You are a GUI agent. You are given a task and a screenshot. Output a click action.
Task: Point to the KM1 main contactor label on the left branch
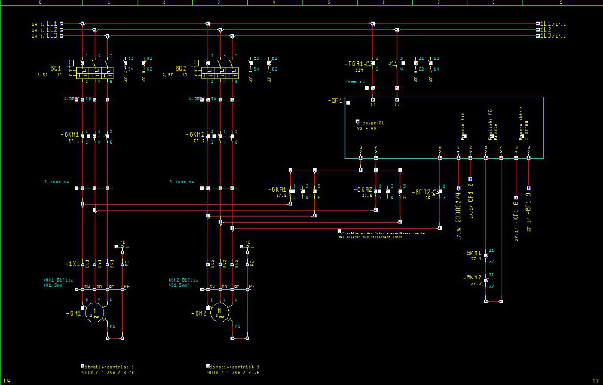(x=70, y=134)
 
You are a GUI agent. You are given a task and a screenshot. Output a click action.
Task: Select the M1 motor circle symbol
(x=94, y=311)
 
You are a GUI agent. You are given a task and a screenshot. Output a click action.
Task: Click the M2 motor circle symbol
(x=221, y=311)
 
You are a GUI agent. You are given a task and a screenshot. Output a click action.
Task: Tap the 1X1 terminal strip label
(x=72, y=263)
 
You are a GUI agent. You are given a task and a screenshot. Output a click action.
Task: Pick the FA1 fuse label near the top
(x=355, y=63)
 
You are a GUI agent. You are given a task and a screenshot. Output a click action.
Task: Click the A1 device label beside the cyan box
(x=335, y=100)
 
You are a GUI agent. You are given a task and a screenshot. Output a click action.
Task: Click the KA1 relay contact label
(x=277, y=189)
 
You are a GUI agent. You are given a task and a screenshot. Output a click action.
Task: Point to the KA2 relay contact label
(x=365, y=189)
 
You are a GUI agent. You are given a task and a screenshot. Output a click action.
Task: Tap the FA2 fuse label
(x=422, y=192)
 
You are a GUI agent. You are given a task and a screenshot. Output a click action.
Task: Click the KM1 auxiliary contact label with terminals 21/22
(x=473, y=252)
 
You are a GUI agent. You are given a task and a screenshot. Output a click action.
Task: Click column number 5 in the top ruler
(x=329, y=3)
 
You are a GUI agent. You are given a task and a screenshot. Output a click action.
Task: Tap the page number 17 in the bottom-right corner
(x=595, y=380)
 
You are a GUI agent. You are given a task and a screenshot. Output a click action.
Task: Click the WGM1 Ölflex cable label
(x=57, y=279)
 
